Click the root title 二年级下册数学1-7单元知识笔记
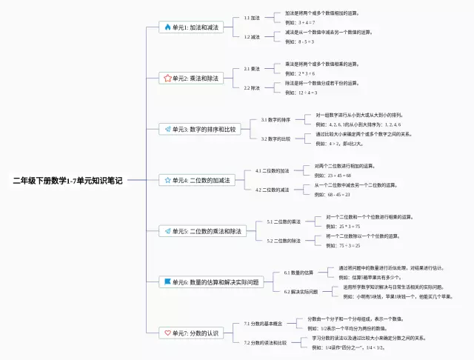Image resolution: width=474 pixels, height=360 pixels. (67, 180)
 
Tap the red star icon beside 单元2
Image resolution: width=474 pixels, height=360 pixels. (167, 78)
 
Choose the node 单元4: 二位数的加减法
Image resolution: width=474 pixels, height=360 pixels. (198, 180)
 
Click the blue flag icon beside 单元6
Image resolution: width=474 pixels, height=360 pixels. (167, 282)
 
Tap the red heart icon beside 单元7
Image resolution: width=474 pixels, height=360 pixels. (167, 333)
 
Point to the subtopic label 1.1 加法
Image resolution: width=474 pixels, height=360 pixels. (252, 18)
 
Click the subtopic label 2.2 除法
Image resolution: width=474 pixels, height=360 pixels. (252, 87)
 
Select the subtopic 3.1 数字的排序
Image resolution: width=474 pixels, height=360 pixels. (276, 119)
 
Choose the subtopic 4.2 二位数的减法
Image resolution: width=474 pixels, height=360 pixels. (273, 190)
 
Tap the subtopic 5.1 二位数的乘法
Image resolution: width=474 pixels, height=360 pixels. (284, 221)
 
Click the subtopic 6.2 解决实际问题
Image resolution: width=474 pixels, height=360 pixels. (301, 292)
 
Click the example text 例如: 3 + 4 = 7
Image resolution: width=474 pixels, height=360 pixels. (301, 23)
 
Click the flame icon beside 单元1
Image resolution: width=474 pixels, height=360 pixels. (167, 27)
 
